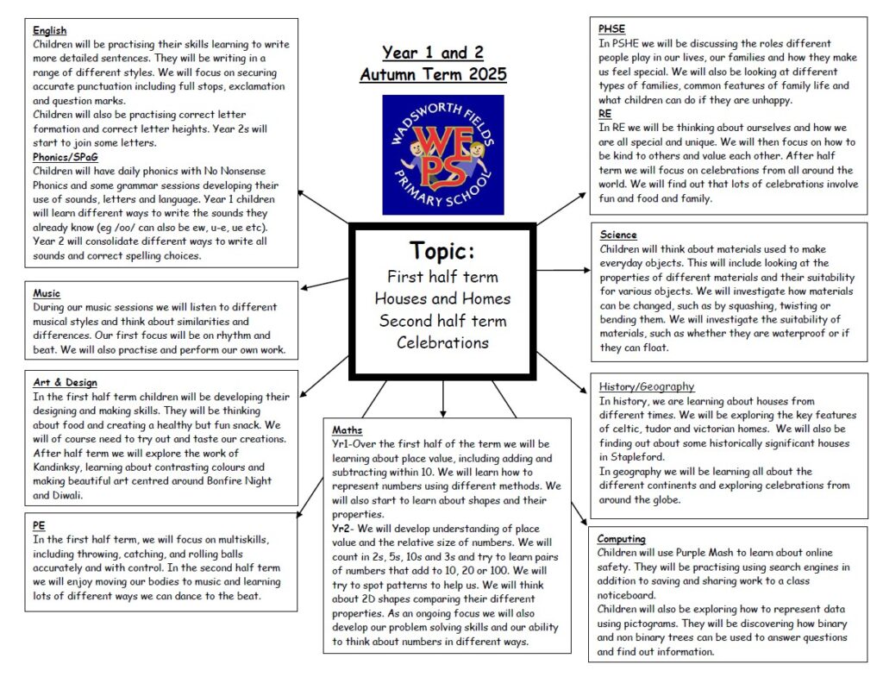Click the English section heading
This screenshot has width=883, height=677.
coord(49,31)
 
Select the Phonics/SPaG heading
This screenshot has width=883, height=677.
coord(66,157)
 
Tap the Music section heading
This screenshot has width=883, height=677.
coord(47,293)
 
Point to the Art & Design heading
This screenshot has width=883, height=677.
coord(65,382)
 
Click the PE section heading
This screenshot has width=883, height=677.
coord(39,524)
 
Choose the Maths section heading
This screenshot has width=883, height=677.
coord(348,429)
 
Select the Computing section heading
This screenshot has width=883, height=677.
coord(621,539)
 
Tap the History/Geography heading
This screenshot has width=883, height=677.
coord(647,386)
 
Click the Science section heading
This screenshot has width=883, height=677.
coord(617,235)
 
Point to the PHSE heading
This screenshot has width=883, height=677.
coord(611,29)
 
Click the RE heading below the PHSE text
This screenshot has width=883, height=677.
coord(604,113)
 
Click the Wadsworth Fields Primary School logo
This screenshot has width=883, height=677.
coord(443,154)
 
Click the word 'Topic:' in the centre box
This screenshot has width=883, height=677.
coord(442,251)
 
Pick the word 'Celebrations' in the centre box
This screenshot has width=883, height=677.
coord(442,342)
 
